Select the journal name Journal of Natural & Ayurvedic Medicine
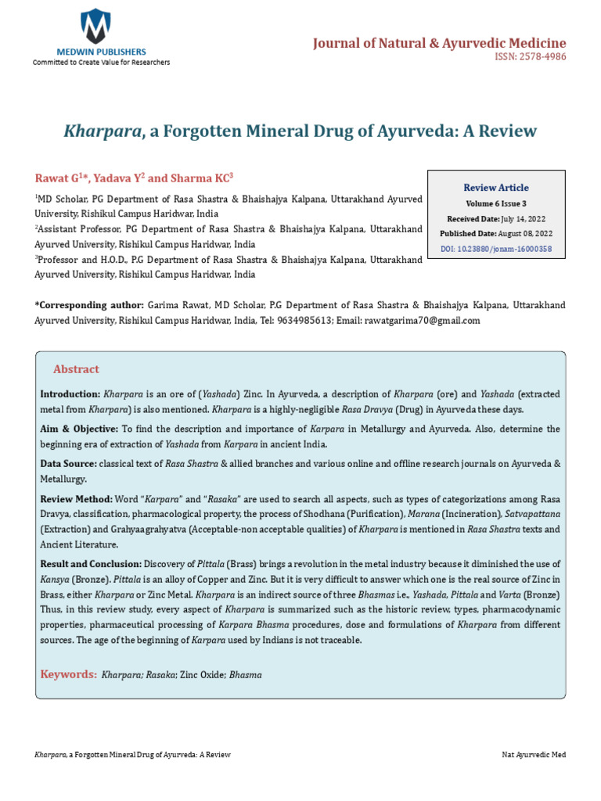pos(439,43)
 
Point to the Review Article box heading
pos(496,188)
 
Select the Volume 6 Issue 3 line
pos(496,203)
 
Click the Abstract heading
pos(76,369)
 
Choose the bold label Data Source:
pos(67,464)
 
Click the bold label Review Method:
pos(76,499)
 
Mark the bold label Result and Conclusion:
pos(91,563)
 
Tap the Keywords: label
pos(69,673)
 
